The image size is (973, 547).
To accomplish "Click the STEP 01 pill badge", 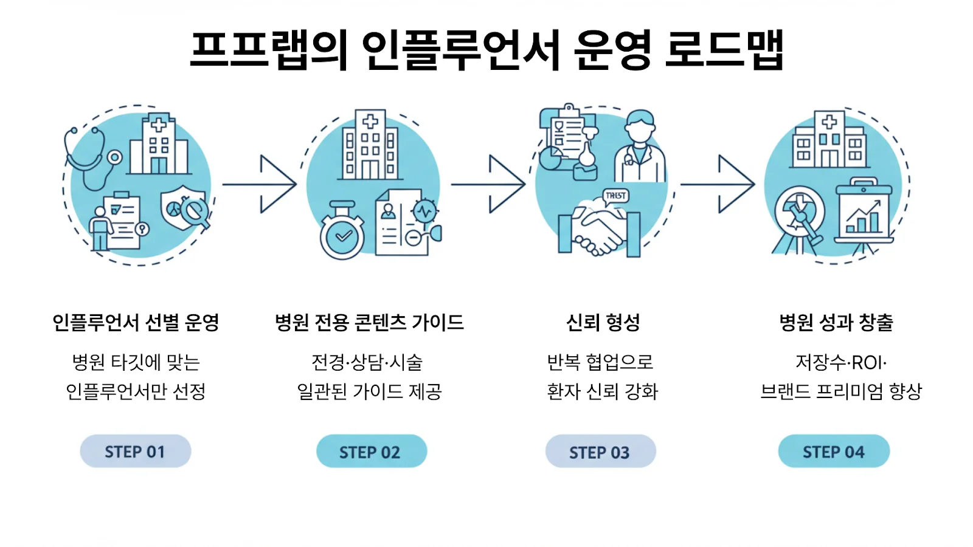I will [x=136, y=451].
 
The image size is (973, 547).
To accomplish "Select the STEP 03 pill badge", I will [x=600, y=452].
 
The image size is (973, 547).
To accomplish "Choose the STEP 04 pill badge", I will [x=834, y=452].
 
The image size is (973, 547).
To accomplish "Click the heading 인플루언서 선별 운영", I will [x=136, y=322].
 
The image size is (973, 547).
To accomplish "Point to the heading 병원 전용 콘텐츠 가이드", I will [x=369, y=322].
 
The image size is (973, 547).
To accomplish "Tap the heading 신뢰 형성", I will [x=603, y=322].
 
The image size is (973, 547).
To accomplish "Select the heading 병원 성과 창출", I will [x=836, y=322].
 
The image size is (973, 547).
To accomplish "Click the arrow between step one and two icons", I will [x=260, y=184].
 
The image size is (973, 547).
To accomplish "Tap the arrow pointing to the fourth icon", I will [x=718, y=184].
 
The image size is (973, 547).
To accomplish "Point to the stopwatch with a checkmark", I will [x=342, y=234].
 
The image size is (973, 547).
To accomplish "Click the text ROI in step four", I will [x=867, y=363].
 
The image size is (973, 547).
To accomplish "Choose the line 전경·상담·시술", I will [x=367, y=363].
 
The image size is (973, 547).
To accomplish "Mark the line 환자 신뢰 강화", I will [x=603, y=391].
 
